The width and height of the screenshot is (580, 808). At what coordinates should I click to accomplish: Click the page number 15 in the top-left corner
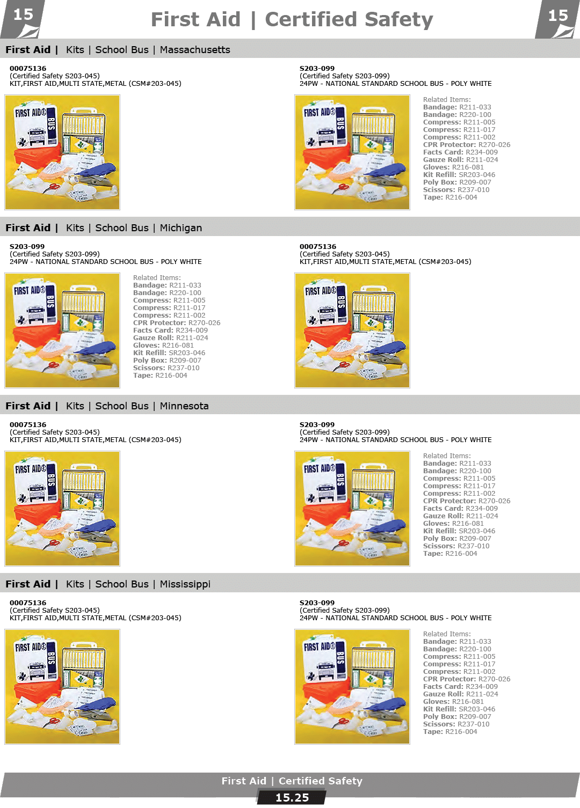[23, 15]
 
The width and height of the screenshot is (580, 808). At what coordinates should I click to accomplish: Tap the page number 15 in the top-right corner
[558, 16]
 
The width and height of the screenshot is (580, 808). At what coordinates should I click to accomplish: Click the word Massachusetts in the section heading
[195, 50]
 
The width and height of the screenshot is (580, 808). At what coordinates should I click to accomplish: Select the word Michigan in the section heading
[181, 228]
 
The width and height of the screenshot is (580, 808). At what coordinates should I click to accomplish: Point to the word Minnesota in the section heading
[184, 406]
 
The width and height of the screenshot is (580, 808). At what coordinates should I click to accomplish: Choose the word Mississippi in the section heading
[185, 584]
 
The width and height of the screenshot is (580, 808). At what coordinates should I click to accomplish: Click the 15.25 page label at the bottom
[292, 798]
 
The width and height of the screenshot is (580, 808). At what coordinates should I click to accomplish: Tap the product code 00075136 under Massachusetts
[28, 69]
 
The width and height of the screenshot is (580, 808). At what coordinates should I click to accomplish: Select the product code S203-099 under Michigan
[27, 247]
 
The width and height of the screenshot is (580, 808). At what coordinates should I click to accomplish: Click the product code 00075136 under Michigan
[318, 247]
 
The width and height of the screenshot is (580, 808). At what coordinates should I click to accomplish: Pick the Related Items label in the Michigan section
[157, 278]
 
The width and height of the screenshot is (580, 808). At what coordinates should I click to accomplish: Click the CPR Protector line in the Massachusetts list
[467, 145]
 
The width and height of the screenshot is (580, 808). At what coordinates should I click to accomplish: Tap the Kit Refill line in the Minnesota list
[459, 531]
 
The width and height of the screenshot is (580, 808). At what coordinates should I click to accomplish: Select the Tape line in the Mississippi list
[450, 731]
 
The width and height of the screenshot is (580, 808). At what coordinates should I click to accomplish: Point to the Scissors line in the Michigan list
[166, 368]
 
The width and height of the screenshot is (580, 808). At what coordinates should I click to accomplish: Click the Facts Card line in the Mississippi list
[460, 686]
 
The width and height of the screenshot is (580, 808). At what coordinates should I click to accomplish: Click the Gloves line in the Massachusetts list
[453, 167]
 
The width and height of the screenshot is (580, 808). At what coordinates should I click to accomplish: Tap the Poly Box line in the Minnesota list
[457, 539]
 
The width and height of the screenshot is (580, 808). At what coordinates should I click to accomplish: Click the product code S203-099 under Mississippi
[317, 603]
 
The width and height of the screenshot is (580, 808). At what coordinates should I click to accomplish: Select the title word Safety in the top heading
[398, 19]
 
